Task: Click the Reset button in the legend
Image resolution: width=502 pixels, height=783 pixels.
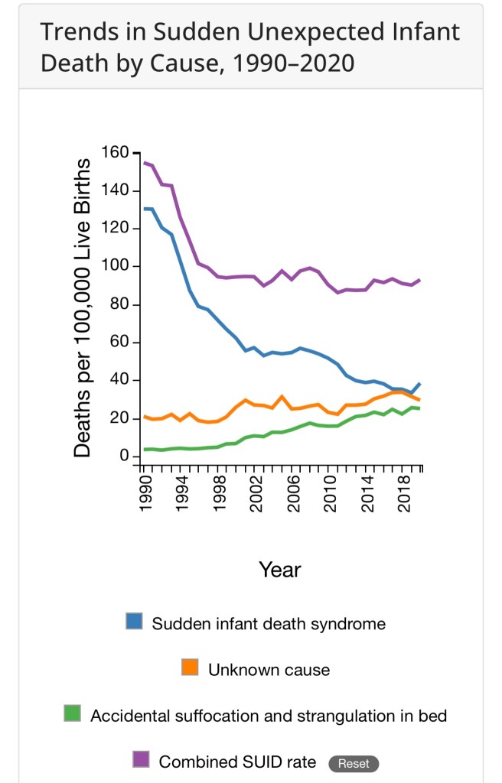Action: coord(353,763)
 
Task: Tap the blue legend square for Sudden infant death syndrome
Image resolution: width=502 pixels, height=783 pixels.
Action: coord(135,622)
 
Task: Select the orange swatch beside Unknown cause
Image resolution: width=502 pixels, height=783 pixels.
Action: coord(191,668)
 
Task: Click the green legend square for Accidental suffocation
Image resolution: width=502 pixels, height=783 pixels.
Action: coord(73,714)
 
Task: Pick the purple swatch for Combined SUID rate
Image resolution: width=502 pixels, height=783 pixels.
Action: coord(141,759)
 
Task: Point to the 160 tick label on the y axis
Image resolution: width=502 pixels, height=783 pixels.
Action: coord(109,152)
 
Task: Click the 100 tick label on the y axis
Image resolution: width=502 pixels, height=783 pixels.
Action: coord(109,266)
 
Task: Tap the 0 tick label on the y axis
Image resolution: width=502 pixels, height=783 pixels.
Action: coord(120,456)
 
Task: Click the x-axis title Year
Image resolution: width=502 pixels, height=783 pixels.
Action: coord(280,570)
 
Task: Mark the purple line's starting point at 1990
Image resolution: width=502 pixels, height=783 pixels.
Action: coord(144,162)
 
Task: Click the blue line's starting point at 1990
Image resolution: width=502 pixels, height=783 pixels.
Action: coord(144,209)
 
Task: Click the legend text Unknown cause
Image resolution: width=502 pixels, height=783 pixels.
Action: coord(269,670)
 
